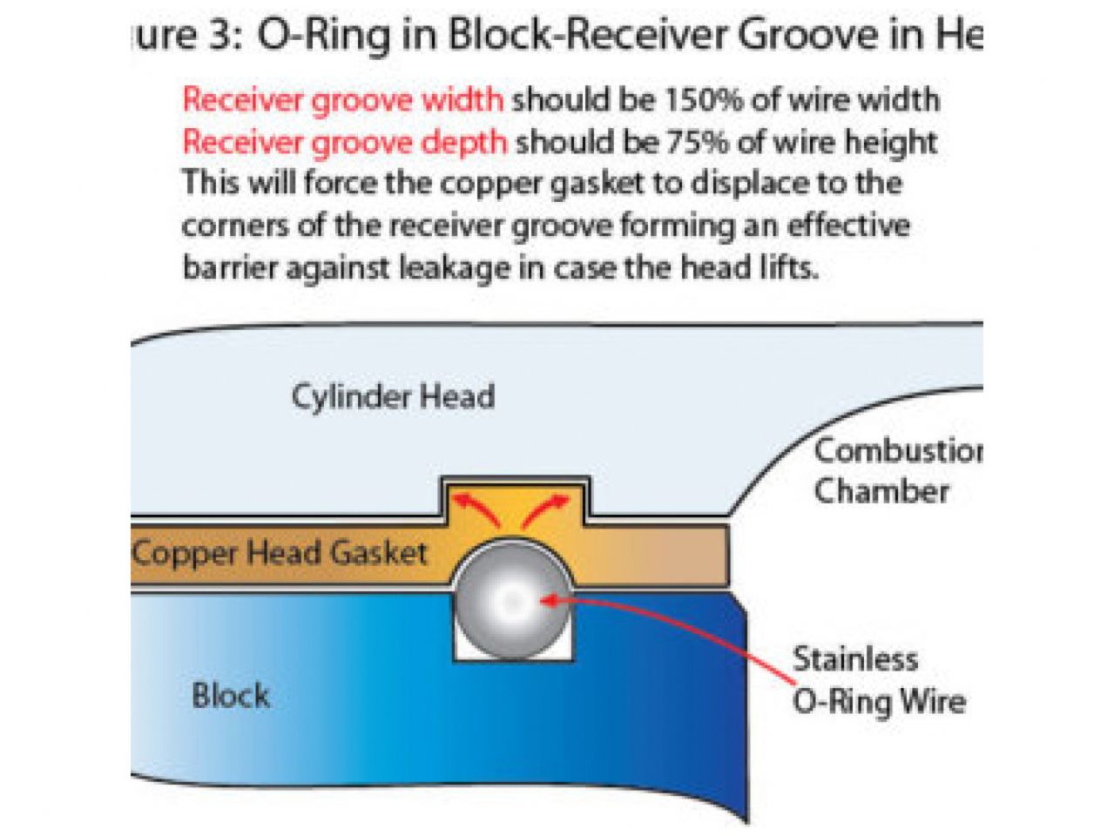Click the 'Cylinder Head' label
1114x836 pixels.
393,397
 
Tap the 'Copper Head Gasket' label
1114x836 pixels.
280,553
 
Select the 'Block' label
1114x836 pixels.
231,696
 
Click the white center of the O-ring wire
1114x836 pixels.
511,600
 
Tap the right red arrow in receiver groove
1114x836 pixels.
548,509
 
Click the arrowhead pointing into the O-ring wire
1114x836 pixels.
548,599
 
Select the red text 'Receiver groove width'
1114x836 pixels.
342,99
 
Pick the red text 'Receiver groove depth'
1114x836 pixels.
344,141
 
